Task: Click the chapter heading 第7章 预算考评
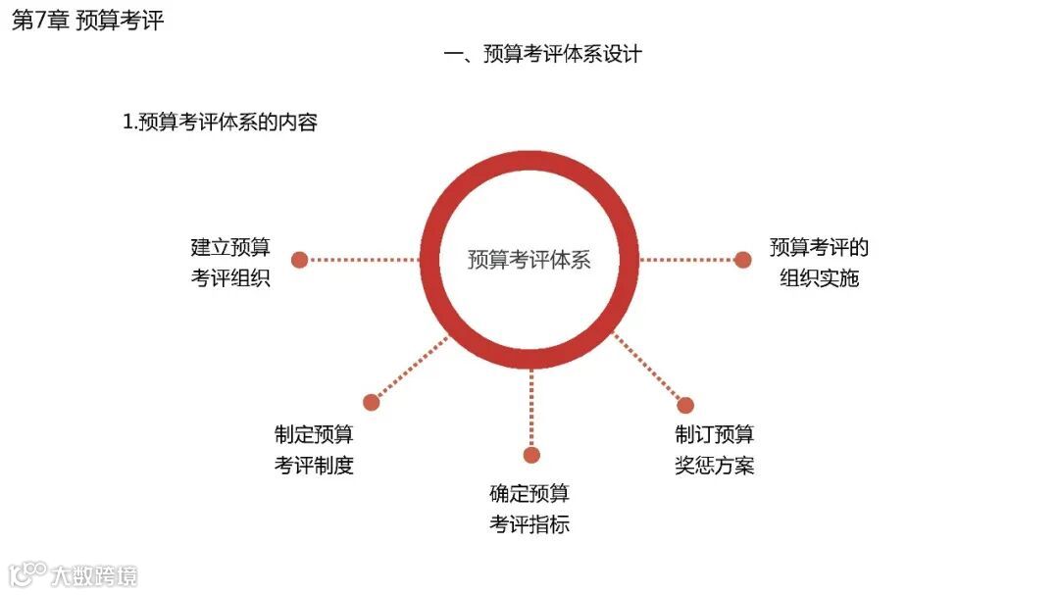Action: (87, 22)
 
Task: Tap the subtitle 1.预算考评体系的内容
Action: (220, 123)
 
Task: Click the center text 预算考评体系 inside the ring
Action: (529, 260)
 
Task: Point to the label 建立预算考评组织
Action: (230, 263)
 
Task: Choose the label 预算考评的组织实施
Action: (819, 263)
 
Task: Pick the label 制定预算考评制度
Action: (314, 449)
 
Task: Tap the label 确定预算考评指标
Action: (529, 509)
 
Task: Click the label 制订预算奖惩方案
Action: (714, 449)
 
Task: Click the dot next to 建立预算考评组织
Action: (300, 260)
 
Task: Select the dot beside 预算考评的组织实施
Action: (743, 260)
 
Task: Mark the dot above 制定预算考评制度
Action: (371, 402)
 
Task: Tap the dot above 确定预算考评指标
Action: (531, 455)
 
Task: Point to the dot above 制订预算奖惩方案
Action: (685, 405)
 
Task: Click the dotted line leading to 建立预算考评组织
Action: (363, 260)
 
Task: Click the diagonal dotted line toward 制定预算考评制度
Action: (410, 369)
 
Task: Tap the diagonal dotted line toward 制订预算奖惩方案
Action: (649, 370)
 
